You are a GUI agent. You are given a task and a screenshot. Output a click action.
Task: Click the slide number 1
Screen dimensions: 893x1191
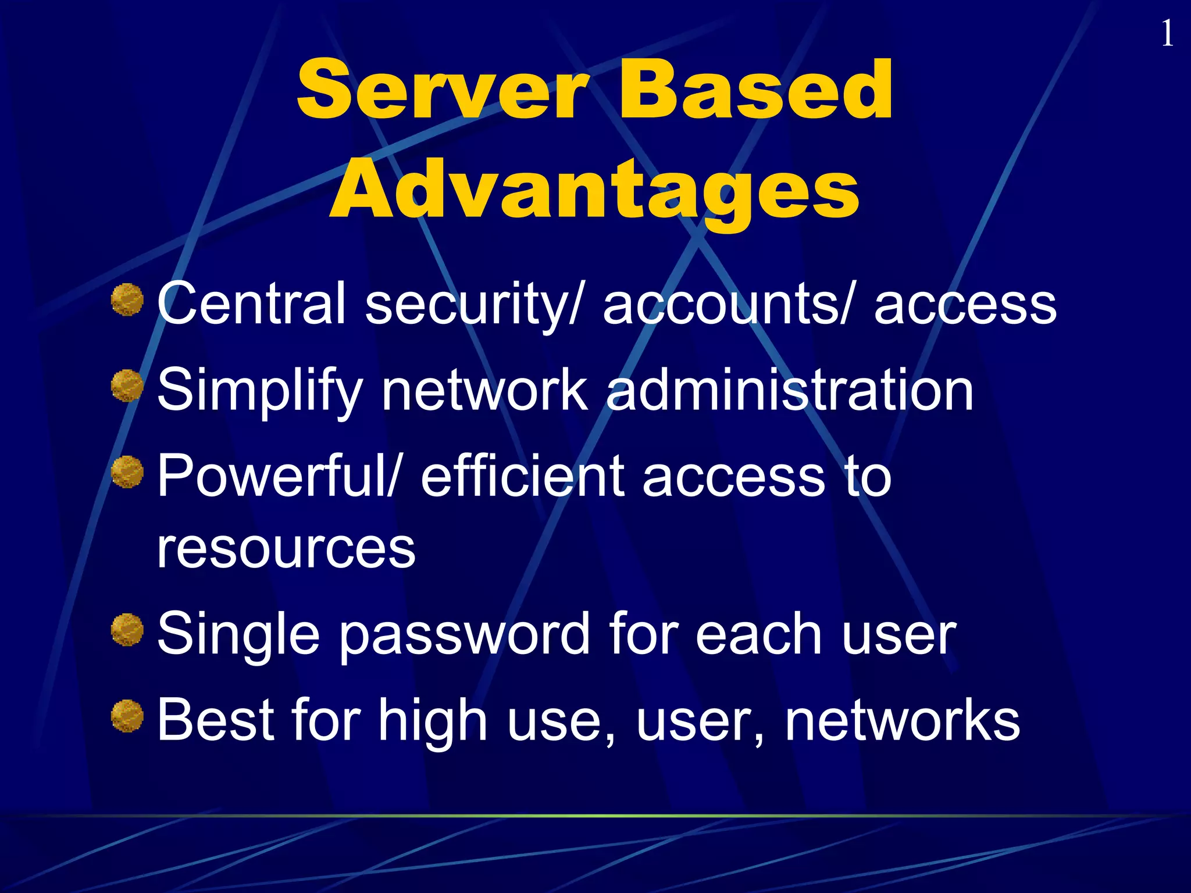click(x=1167, y=34)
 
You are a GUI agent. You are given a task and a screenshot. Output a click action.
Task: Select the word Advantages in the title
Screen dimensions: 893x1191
click(x=594, y=190)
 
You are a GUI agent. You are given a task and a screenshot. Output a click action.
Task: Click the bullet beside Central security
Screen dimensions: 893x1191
click(x=127, y=300)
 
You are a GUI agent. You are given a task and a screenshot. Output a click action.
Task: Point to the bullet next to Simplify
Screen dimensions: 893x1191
click(x=127, y=386)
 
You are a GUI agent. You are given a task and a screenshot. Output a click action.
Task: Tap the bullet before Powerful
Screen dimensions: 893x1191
click(x=127, y=472)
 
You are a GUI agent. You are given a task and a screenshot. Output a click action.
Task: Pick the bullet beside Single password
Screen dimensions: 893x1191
click(x=127, y=630)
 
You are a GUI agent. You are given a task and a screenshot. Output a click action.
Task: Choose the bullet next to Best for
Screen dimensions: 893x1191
click(x=127, y=716)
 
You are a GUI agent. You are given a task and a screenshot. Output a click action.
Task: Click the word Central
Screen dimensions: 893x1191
click(x=251, y=303)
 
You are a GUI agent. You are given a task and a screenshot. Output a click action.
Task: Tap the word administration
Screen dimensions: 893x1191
click(x=790, y=390)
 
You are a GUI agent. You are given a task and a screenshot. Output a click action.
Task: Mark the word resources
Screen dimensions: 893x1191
click(x=286, y=549)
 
